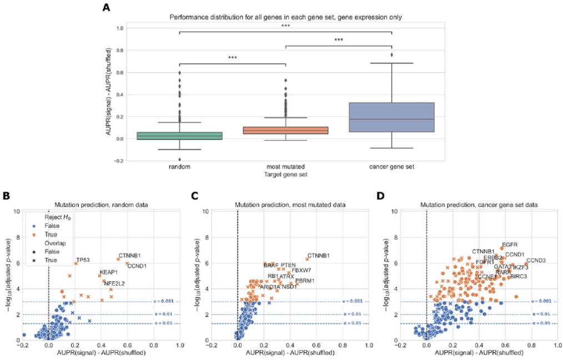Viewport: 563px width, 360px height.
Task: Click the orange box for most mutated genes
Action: [285, 131]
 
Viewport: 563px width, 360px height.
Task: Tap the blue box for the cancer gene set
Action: [391, 117]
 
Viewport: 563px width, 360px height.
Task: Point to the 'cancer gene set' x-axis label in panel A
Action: [391, 166]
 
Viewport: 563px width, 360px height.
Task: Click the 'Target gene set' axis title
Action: [285, 174]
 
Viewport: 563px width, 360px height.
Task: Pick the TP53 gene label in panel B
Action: [83, 259]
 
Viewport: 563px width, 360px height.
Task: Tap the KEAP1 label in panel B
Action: [108, 272]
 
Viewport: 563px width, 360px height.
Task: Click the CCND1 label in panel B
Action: [137, 266]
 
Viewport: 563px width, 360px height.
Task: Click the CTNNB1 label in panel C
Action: [318, 256]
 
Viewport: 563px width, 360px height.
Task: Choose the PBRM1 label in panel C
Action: [305, 281]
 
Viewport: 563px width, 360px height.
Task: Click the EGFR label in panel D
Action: [509, 244]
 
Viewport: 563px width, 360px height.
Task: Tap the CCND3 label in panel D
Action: [535, 261]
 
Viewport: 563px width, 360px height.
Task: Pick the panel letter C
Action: [194, 196]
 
